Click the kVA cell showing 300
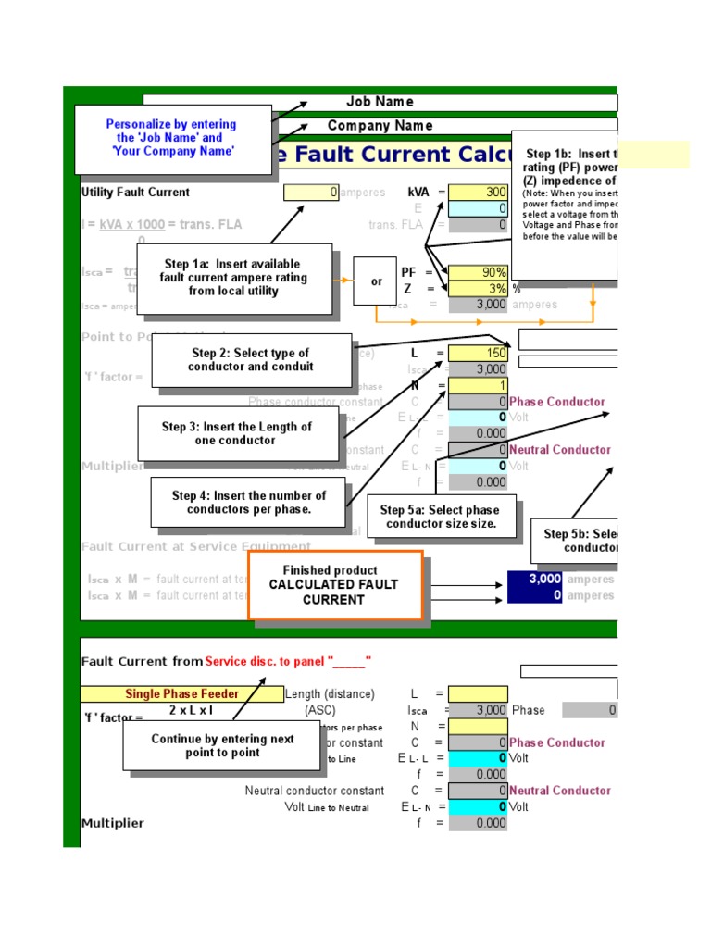(x=478, y=193)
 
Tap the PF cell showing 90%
(x=478, y=273)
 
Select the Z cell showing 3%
(x=478, y=289)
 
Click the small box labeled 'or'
(x=375, y=281)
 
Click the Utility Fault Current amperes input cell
(x=311, y=193)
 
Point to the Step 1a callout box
(x=245, y=278)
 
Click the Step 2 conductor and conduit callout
(x=251, y=359)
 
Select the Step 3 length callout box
(x=236, y=433)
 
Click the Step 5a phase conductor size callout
(x=441, y=517)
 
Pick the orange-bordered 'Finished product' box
(x=335, y=585)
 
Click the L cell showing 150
(x=478, y=354)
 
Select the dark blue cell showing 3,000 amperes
(x=535, y=580)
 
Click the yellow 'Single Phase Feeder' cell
(x=182, y=694)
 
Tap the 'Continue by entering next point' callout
(x=221, y=745)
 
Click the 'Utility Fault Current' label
(x=135, y=193)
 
